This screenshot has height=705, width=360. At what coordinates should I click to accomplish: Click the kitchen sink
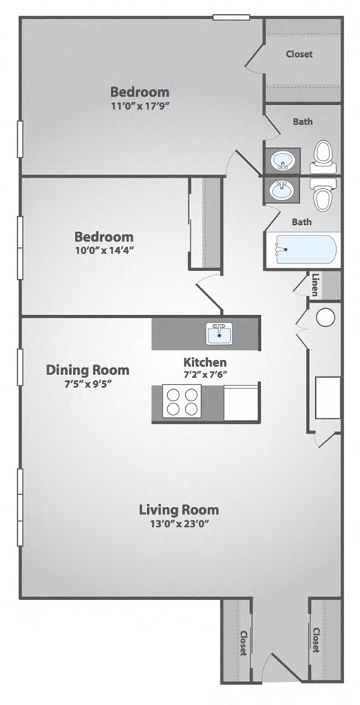coord(220,332)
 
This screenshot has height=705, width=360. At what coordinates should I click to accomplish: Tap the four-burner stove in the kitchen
coord(183,401)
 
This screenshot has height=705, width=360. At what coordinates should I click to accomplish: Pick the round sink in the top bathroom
coord(283,160)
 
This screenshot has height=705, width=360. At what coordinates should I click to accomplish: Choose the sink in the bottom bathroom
coord(283,190)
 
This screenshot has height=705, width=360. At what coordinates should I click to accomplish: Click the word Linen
coord(315,284)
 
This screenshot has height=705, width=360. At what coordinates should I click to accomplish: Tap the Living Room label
coord(179,510)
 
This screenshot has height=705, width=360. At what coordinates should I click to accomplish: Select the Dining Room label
coord(88,370)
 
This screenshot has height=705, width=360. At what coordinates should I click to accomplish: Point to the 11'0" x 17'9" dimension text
coord(140,106)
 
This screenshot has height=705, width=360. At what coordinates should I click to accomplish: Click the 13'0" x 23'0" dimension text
coord(179,524)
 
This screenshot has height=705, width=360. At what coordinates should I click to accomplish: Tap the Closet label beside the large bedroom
coord(299,54)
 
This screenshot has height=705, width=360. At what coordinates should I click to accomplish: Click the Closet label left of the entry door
coord(244,643)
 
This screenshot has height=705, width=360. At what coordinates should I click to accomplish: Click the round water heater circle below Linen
coord(325,317)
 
